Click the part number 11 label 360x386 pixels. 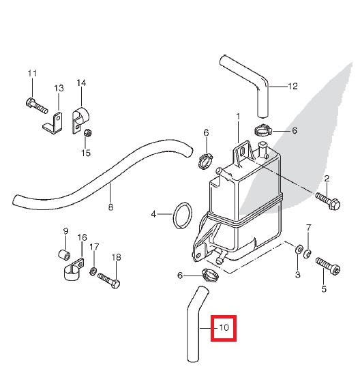pos(32,73)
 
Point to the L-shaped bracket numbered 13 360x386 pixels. pos(52,123)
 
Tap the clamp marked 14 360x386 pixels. pos(80,120)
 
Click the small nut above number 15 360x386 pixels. pos(87,133)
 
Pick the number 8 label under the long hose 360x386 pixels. pos(110,207)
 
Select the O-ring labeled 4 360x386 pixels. pos(182,216)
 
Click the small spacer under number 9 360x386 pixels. pos(65,255)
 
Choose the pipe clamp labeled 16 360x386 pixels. pos(74,269)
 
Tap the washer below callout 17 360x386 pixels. pos(93,271)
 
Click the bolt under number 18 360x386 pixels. pos(109,281)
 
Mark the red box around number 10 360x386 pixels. pos(224,328)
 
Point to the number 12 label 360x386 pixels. pos(292,86)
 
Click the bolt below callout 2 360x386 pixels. pos(328,201)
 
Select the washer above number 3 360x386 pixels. pos(298,249)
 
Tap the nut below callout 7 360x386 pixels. pos(307,254)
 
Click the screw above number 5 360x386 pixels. pos(328,266)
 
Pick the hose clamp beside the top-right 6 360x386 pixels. pos(262,130)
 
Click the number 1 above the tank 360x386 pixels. pos(238,117)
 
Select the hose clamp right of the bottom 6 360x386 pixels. pos(210,275)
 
